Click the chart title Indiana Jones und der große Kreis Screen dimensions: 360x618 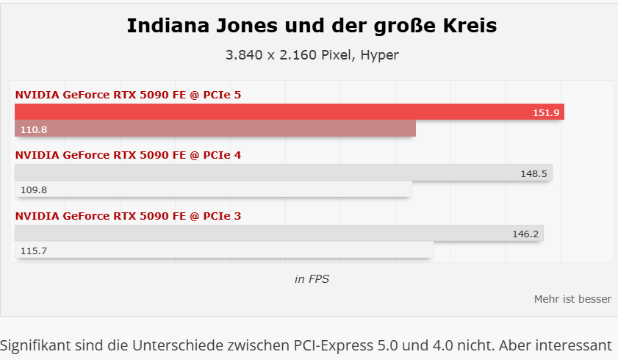(312, 26)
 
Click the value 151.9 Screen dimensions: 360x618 (547, 112)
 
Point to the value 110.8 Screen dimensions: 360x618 (34, 129)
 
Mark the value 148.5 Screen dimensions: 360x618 (535, 173)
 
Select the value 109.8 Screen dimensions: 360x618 (34, 190)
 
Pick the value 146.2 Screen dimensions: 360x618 (526, 234)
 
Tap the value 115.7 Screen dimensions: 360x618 (34, 251)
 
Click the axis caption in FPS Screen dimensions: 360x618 (312, 278)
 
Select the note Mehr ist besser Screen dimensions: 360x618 (572, 299)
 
